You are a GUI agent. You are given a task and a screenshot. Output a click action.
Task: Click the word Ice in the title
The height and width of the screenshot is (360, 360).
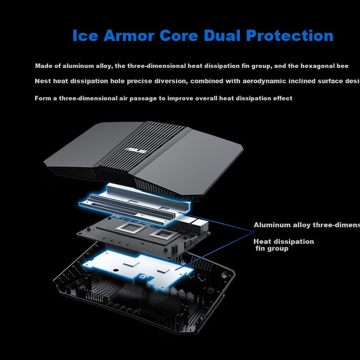tap(85, 36)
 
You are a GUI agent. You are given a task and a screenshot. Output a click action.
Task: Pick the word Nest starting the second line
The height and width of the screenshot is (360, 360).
tap(43, 81)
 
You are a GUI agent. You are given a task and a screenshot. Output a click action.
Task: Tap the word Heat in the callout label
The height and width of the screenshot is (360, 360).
tap(262, 242)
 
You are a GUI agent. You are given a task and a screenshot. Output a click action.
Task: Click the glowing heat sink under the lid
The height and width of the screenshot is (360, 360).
tap(135, 202)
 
